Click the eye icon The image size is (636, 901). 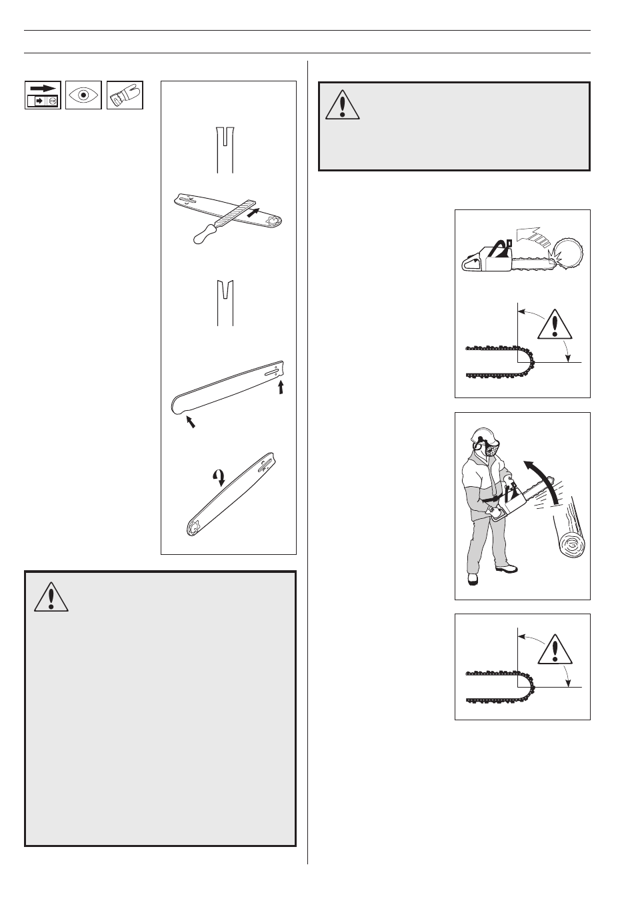point(83,95)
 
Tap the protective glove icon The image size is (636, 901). point(125,95)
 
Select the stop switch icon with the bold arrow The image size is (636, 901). point(43,95)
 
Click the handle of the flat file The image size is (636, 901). point(206,231)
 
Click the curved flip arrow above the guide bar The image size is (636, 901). point(217,476)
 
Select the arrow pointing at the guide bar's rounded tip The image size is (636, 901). point(191,421)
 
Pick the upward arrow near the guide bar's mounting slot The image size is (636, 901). point(281,387)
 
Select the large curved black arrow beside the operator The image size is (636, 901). point(541,480)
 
